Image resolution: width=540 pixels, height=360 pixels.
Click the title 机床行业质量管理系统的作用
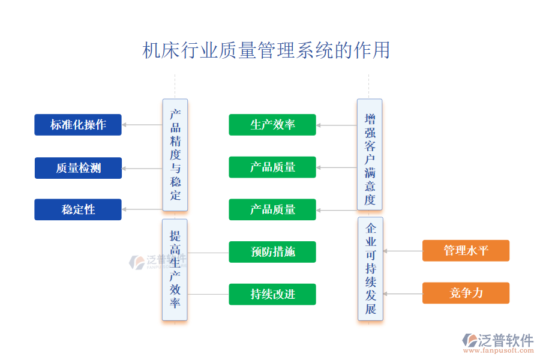click(266, 50)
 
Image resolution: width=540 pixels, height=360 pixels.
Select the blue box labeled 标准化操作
click(78, 125)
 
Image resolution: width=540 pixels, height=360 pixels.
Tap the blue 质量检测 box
click(78, 168)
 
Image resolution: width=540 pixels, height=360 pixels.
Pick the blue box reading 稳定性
click(78, 209)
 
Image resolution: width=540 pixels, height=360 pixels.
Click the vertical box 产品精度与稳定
click(175, 155)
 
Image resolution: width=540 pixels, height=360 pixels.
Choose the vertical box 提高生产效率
click(175, 269)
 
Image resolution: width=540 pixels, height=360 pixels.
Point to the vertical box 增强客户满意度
click(370, 155)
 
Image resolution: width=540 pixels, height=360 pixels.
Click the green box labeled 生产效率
click(272, 125)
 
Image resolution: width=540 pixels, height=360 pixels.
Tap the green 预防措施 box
click(272, 252)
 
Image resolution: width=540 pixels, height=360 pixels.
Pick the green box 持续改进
click(272, 295)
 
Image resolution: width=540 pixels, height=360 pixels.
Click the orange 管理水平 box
click(466, 251)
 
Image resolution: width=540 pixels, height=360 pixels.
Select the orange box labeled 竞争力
click(466, 293)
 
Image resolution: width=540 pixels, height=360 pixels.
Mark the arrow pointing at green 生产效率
click(337, 125)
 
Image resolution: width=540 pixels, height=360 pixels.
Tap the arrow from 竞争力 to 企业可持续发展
click(403, 294)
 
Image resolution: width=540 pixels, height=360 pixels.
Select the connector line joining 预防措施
click(208, 253)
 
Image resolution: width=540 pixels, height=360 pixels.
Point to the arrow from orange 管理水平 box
click(403, 251)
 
